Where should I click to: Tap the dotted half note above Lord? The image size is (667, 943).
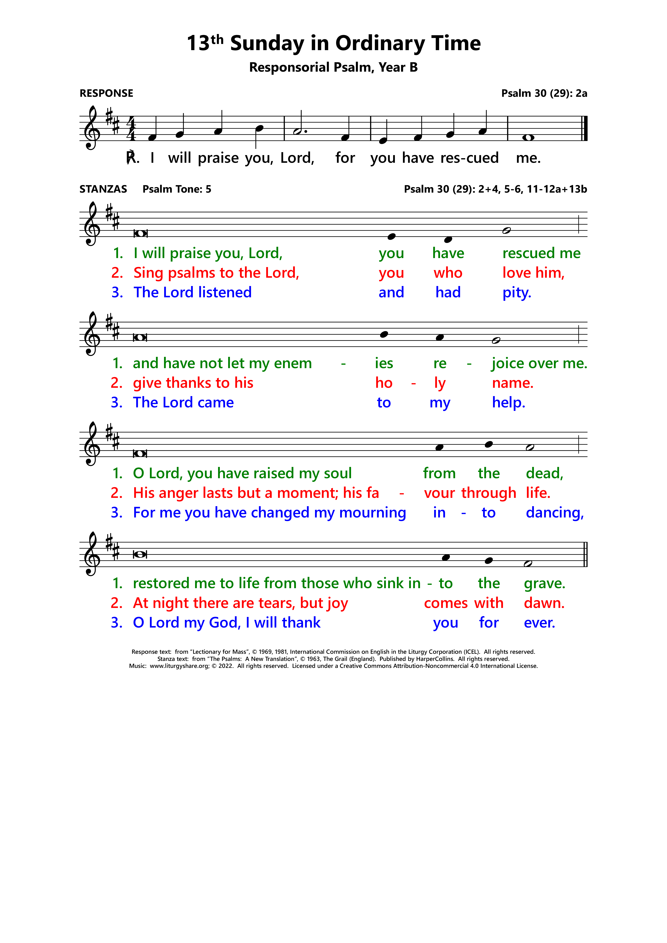pos(298,131)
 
